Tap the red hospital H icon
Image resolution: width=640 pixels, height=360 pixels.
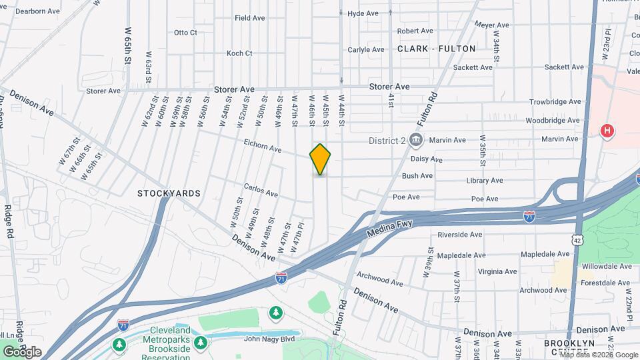(607, 131)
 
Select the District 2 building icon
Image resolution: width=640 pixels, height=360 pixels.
(416, 140)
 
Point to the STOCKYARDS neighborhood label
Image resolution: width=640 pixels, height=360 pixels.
(169, 193)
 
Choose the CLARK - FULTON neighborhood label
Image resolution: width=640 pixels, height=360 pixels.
(437, 49)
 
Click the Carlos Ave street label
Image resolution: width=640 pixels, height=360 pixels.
(261, 191)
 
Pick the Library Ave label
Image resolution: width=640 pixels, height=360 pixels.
(485, 181)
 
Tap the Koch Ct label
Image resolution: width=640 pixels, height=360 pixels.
(239, 53)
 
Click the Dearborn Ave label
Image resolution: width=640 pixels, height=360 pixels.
(37, 11)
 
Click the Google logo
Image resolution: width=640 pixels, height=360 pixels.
(22, 352)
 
